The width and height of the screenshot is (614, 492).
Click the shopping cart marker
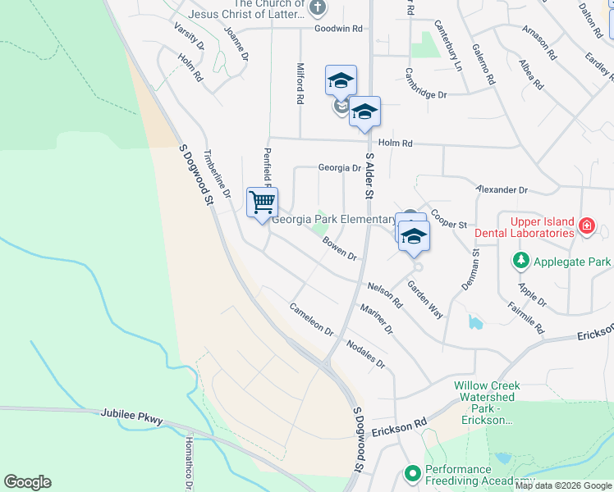click(x=262, y=202)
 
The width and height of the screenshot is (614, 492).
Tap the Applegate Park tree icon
click(x=520, y=262)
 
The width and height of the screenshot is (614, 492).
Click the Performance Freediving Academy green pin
click(x=412, y=473)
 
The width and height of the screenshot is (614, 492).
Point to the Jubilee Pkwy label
click(x=133, y=417)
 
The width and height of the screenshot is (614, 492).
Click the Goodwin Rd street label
click(x=339, y=28)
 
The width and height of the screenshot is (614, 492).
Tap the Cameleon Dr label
click(x=311, y=320)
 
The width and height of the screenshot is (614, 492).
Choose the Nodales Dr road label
click(x=365, y=353)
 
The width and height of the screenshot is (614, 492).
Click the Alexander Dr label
click(x=502, y=189)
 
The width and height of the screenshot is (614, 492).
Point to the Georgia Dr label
click(x=340, y=168)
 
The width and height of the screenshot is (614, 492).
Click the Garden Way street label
click(x=425, y=300)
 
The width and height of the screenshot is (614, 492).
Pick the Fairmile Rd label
click(x=526, y=313)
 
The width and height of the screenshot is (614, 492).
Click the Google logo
click(x=27, y=482)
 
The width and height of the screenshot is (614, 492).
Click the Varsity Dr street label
click(x=189, y=35)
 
